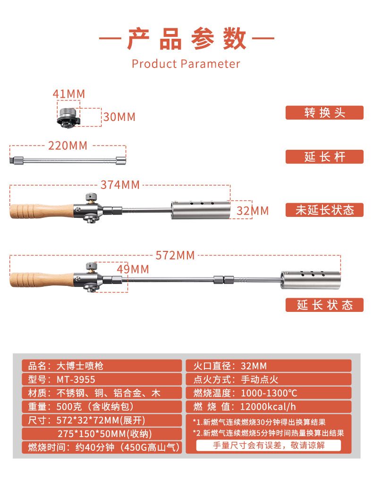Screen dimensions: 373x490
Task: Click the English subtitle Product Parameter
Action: point(186,64)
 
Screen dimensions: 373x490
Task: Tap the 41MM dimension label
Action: point(68,94)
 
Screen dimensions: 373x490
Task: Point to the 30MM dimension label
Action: point(119,117)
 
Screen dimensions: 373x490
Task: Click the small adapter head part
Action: point(68,117)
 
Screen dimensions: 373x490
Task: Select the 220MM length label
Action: point(68,146)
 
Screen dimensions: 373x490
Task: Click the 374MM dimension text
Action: point(120,185)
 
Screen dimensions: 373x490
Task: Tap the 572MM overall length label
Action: point(175,255)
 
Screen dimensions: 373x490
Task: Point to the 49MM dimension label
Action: point(133,269)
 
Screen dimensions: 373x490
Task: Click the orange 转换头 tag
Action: point(324,112)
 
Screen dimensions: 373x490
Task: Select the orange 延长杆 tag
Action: point(324,156)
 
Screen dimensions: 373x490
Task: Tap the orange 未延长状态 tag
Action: point(324,210)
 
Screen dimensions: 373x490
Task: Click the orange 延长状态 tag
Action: point(324,305)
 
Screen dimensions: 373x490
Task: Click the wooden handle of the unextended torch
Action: point(42,211)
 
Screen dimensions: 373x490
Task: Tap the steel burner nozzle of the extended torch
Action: point(311,280)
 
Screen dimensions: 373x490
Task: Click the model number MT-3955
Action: point(76,379)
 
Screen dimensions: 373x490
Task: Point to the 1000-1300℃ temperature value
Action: point(269,393)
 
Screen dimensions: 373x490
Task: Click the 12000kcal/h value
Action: point(268,406)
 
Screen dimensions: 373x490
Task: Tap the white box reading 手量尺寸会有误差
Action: point(269,445)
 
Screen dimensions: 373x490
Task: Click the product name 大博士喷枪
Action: point(80,366)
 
